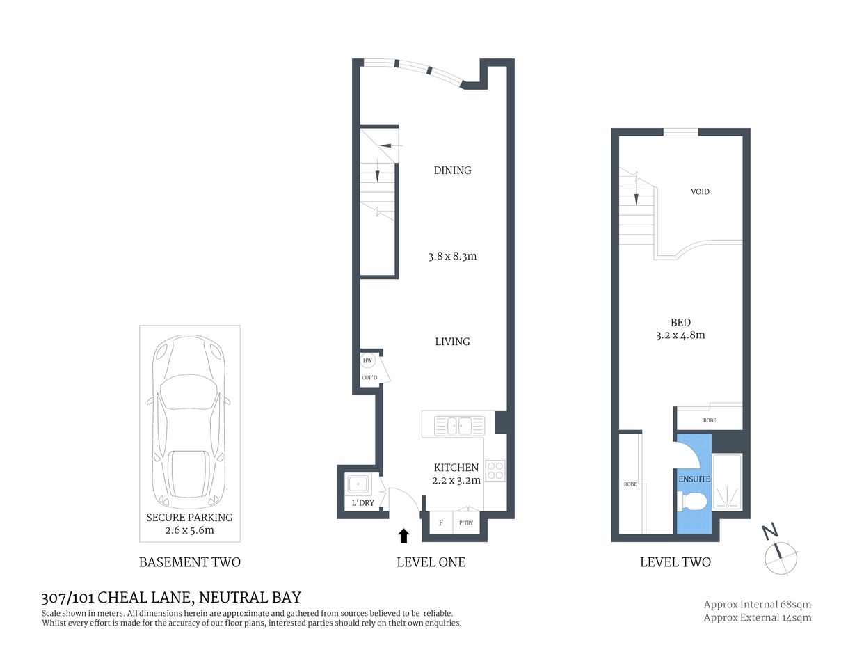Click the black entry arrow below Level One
403,535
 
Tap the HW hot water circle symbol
367,360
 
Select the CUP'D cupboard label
369,378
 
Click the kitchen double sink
459,424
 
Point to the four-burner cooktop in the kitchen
495,470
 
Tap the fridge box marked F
440,523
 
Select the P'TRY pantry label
466,523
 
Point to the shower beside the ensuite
728,482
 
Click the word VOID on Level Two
700,191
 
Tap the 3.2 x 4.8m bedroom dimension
680,335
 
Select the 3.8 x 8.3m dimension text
452,256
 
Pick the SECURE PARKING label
189,517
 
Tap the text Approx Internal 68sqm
757,604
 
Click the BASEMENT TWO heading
189,562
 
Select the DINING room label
452,170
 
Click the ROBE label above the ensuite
709,420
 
